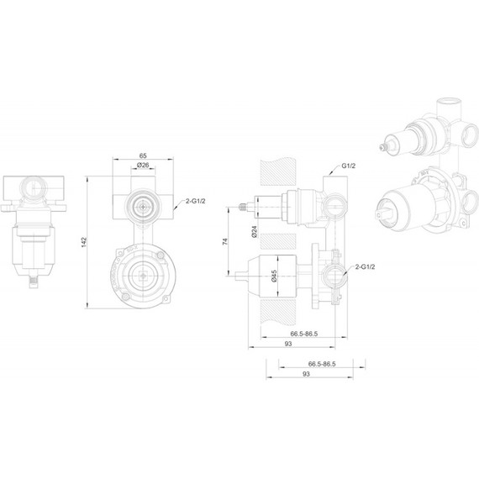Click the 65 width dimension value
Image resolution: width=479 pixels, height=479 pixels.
(143, 156)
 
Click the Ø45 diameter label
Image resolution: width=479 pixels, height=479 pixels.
(276, 274)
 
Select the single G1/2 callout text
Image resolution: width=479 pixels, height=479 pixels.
(350, 166)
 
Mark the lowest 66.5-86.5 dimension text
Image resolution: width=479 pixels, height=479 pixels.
(322, 364)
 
